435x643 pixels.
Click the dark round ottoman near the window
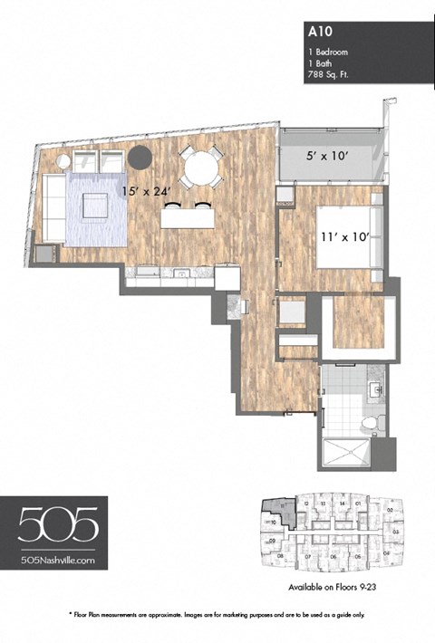(x=140, y=156)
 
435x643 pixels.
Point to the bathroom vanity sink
(x=375, y=392)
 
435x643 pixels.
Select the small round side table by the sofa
(x=63, y=162)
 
